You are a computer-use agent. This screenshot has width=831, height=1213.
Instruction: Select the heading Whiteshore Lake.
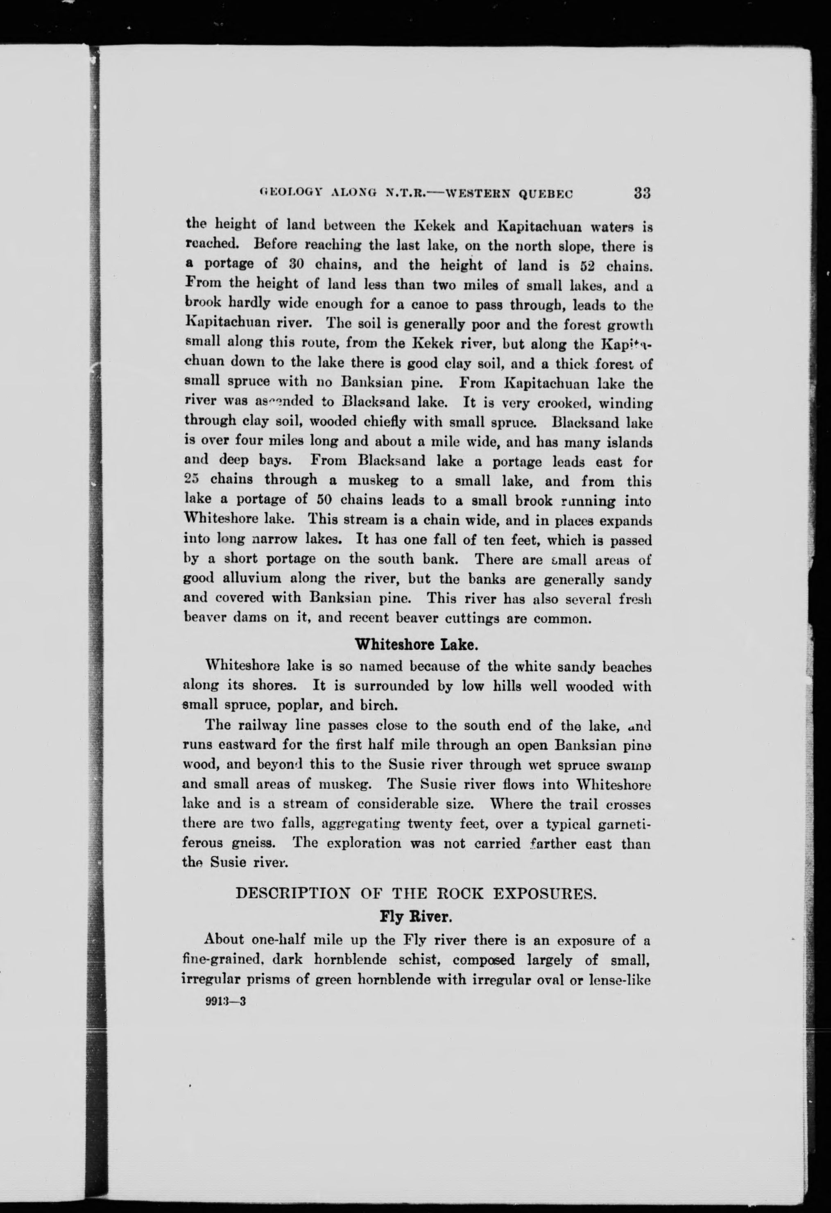pyautogui.click(x=416, y=645)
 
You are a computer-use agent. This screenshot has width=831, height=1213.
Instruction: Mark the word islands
pyautogui.click(x=627, y=442)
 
